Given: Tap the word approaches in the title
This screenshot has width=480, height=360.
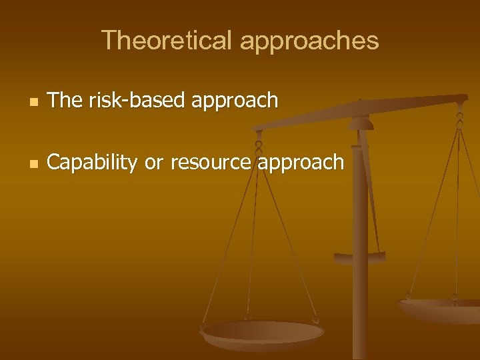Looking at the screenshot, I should tap(309, 41).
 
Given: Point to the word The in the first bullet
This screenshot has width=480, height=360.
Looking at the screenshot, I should tap(64, 100).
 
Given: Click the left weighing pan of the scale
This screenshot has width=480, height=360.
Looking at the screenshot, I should tap(263, 332).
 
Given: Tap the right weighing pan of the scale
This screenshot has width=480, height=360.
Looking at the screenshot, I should tap(440, 308).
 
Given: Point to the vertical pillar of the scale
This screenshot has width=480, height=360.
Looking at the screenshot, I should tap(360, 267).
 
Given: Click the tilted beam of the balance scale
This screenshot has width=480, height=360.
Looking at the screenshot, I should tap(360, 111).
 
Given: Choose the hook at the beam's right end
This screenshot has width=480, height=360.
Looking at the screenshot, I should tap(459, 113).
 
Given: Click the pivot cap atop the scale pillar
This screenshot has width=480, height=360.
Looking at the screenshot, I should tap(360, 123).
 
